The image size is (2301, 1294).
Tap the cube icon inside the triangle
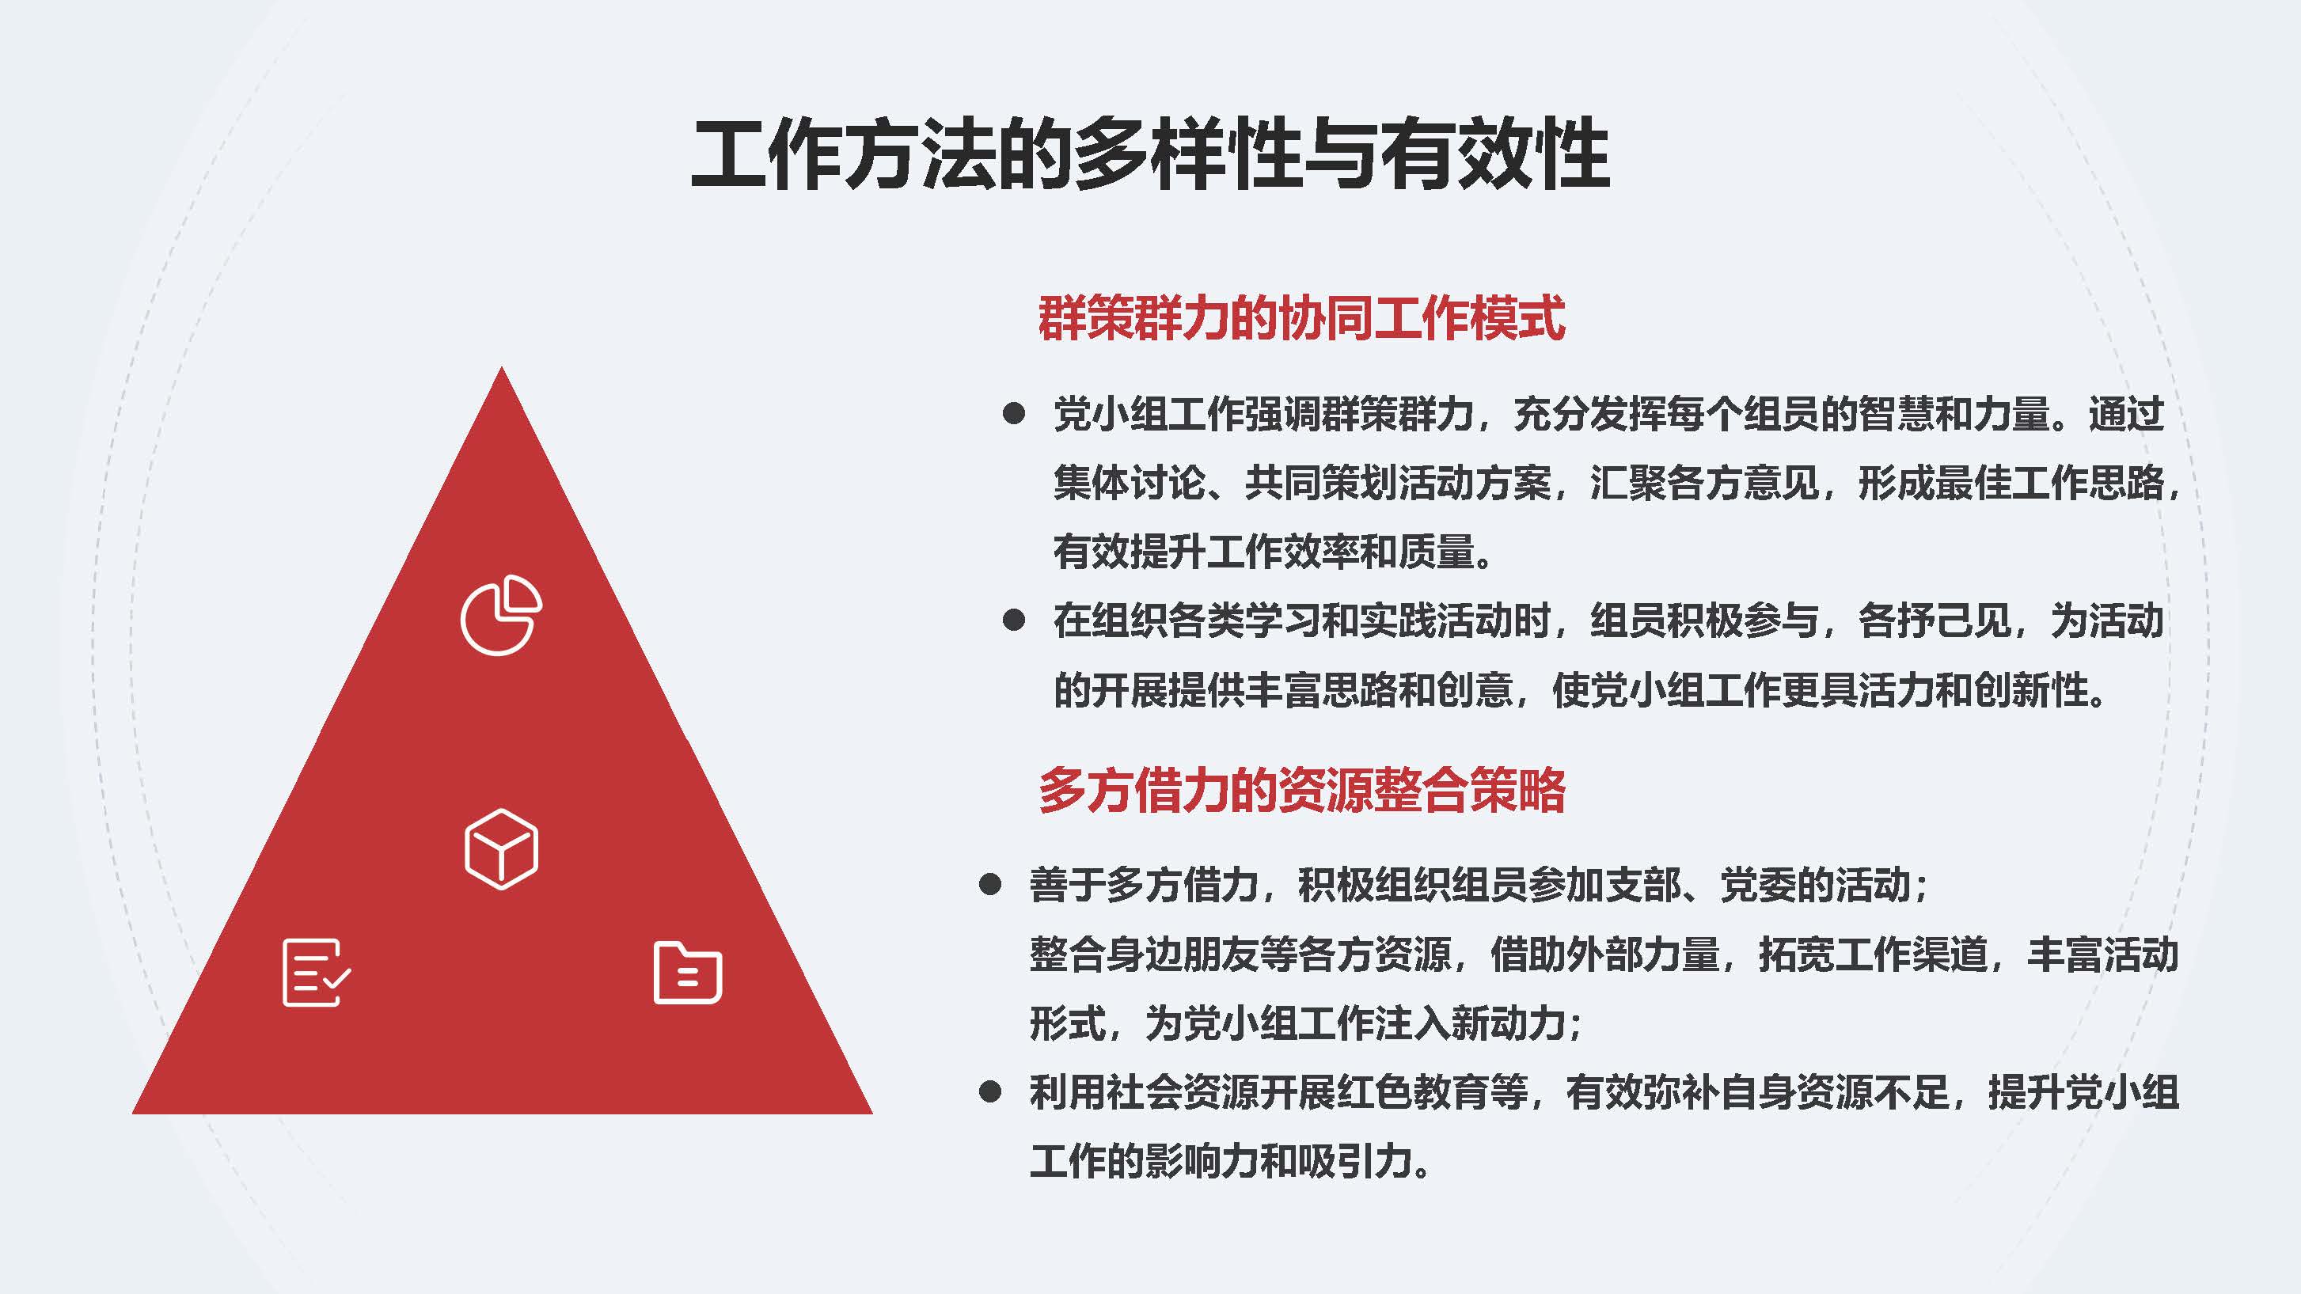[501, 849]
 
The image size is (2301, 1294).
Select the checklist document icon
[316, 973]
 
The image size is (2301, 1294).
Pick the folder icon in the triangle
[688, 973]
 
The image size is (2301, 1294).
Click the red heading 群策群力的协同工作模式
[1301, 318]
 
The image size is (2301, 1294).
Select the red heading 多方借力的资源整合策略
[1301, 789]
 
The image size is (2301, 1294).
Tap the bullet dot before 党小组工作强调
[1014, 413]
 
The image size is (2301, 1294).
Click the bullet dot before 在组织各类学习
[1014, 620]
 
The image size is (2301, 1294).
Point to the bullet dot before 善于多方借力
[989, 885]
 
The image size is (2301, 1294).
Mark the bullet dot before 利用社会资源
[989, 1091]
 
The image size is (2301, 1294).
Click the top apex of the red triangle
[501, 366]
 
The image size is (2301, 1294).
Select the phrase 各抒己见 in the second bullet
[1935, 620]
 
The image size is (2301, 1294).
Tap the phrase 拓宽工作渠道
[1873, 954]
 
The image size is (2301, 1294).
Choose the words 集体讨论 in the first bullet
[1130, 482]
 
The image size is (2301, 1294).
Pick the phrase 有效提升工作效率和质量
[1264, 551]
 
